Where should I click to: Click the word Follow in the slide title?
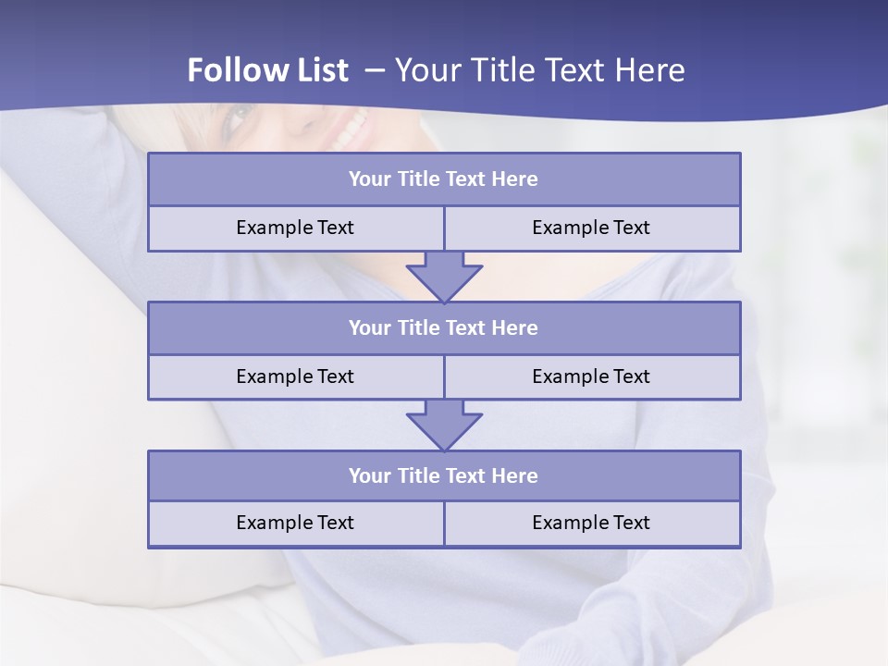[228, 70]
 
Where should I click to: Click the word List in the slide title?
[316, 70]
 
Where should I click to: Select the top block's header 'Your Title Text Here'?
[443, 179]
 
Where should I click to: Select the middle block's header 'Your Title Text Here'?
[443, 327]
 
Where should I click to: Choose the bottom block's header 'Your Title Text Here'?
[443, 475]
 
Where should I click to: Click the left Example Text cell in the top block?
[295, 228]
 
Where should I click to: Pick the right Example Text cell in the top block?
[591, 228]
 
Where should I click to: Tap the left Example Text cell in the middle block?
[295, 376]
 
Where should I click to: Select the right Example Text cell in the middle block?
[591, 376]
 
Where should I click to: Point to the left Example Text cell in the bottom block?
[295, 523]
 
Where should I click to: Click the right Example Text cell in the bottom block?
[591, 523]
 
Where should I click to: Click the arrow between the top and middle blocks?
[444, 276]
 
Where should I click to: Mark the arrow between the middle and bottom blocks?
[444, 425]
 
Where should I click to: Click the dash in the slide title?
[375, 70]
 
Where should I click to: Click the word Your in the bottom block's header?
[370, 475]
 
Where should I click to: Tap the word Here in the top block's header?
[514, 179]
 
